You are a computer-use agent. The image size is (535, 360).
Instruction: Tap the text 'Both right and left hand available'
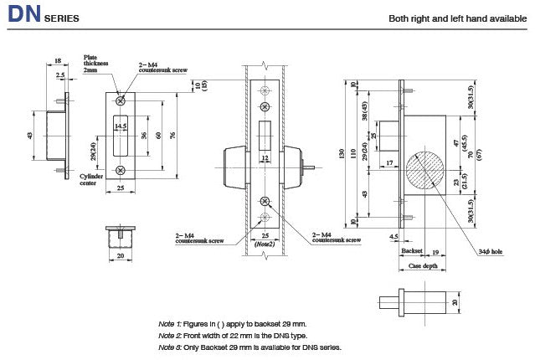tap(456, 18)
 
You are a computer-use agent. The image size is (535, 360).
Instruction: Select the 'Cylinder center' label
tap(91, 180)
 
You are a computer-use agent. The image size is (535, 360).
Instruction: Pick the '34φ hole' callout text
tap(491, 250)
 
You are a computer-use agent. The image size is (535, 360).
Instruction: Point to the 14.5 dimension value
tap(121, 126)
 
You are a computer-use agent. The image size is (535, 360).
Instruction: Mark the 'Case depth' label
tap(422, 265)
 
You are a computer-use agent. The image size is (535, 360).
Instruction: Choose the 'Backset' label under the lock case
tap(411, 250)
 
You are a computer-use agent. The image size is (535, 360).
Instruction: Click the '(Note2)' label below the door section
tap(265, 244)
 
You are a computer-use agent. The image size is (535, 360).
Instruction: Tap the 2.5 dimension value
tap(60, 75)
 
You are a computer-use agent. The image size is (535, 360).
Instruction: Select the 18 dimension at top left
tap(57, 60)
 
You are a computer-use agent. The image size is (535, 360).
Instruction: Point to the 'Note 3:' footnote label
tap(170, 347)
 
